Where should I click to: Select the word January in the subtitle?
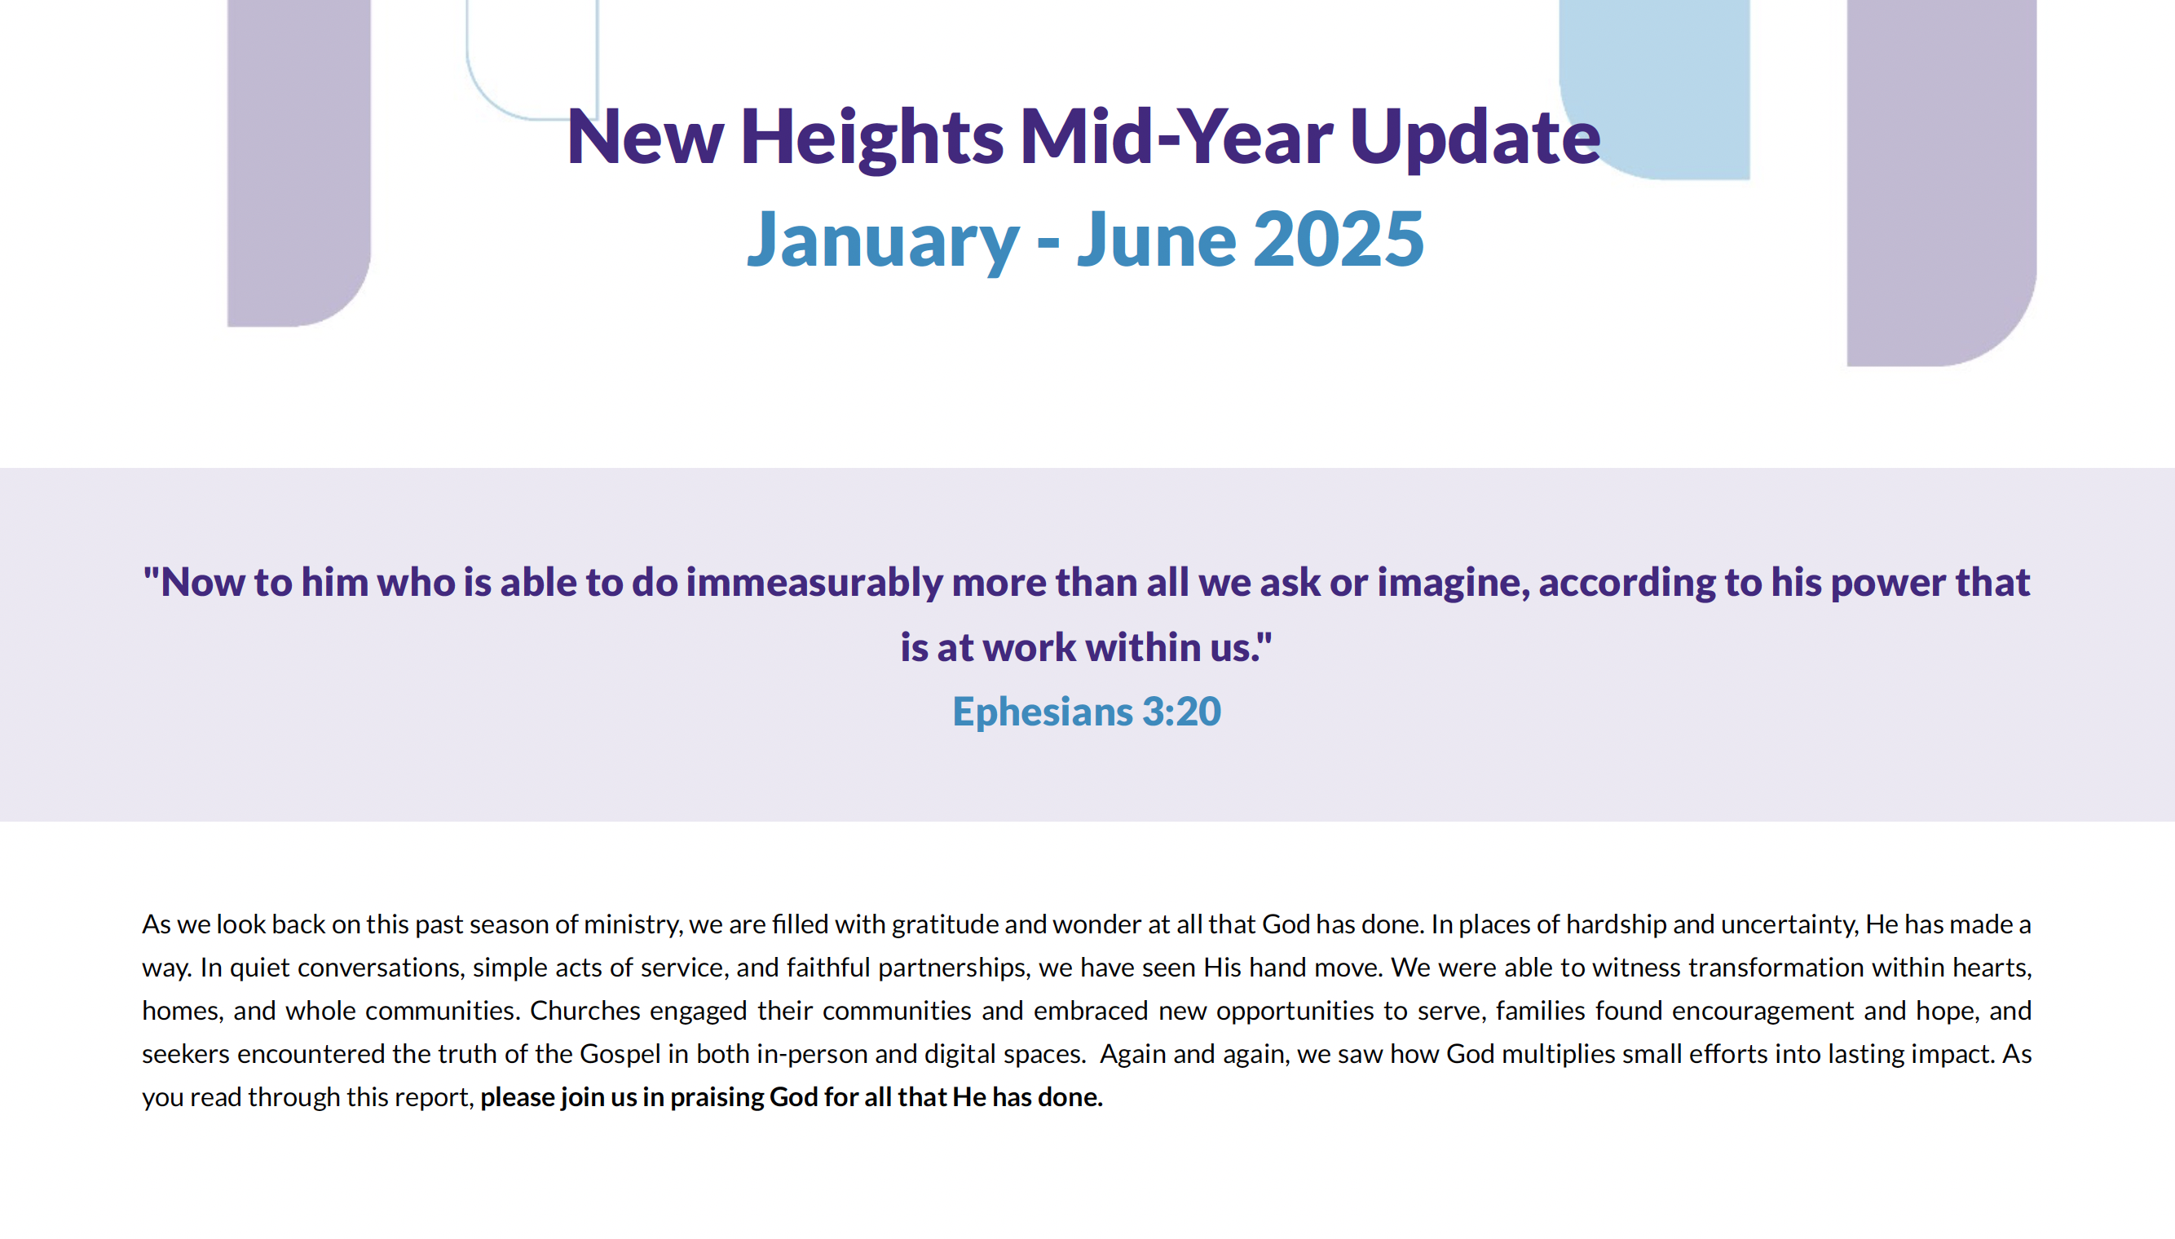pos(882,240)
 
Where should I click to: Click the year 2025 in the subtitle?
pos(1339,239)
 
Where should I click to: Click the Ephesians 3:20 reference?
pos(1087,712)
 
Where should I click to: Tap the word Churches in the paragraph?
pos(585,1010)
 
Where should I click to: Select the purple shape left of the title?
pos(298,162)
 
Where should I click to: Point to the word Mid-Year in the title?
pos(1177,137)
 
